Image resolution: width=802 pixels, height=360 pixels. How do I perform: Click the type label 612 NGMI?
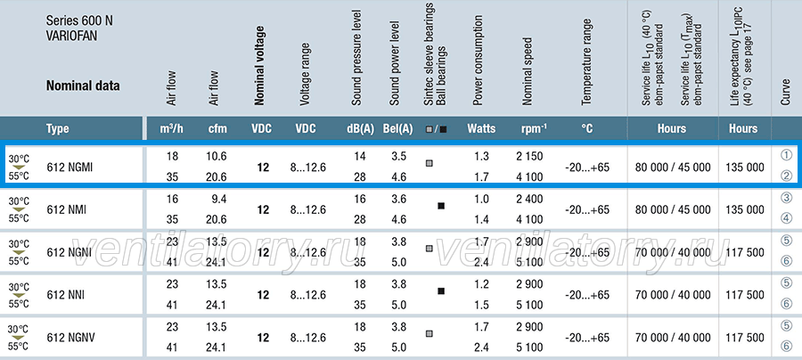click(x=70, y=168)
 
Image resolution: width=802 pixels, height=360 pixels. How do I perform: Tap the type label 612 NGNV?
click(x=70, y=338)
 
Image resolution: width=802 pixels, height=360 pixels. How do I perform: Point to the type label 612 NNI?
click(x=65, y=295)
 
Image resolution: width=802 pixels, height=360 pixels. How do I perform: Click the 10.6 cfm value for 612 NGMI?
click(x=217, y=156)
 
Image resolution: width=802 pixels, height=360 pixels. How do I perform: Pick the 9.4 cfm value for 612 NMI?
click(x=219, y=199)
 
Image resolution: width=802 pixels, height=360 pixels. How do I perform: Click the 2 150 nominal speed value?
click(x=530, y=156)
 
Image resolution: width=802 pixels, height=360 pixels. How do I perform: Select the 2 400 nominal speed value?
click(x=530, y=199)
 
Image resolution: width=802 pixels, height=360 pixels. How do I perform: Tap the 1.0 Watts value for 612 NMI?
click(x=481, y=199)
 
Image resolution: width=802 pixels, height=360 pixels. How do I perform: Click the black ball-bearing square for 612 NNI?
click(x=441, y=291)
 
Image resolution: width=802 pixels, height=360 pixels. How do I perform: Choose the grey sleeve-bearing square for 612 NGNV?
click(x=430, y=333)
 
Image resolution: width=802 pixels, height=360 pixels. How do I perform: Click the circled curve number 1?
click(x=787, y=155)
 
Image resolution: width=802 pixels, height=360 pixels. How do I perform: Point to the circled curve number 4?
click(x=787, y=220)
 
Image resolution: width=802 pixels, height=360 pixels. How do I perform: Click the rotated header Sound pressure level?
click(x=356, y=58)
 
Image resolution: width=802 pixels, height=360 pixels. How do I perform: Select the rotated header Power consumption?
click(x=478, y=61)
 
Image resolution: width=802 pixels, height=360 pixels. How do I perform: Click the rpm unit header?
click(x=534, y=128)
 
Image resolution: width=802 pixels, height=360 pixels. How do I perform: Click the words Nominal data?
click(x=83, y=86)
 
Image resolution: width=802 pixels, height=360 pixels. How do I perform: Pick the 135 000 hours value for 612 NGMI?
click(x=744, y=168)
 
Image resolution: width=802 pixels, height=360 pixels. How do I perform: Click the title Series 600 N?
click(x=79, y=21)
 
